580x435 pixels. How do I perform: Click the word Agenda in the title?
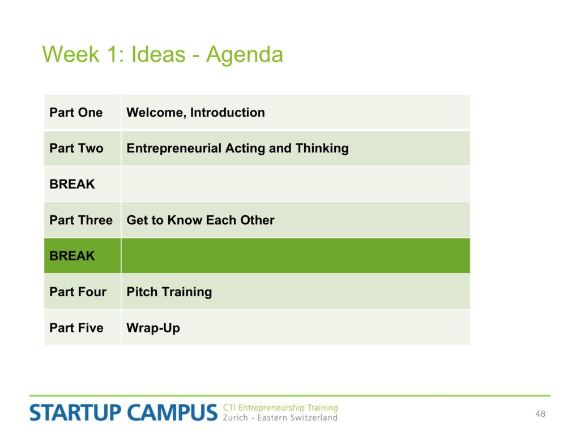(x=245, y=56)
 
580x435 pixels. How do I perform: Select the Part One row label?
(x=76, y=113)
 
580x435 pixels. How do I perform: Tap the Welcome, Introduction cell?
(x=195, y=113)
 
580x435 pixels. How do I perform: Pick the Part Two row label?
(x=76, y=148)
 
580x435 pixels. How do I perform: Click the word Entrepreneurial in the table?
(x=174, y=148)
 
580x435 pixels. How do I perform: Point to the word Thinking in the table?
(x=322, y=148)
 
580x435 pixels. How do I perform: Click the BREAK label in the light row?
(x=72, y=184)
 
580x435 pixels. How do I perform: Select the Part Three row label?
(x=81, y=220)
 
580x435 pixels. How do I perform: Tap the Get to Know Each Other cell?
(x=201, y=220)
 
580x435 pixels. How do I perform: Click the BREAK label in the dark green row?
(x=72, y=256)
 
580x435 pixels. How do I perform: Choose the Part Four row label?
(x=78, y=292)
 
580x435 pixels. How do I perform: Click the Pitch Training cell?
(x=169, y=292)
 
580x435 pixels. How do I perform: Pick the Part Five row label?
(x=76, y=328)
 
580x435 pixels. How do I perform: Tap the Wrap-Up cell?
(x=153, y=328)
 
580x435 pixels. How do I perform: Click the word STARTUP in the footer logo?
(x=75, y=413)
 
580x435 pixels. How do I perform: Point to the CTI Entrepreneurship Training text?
(x=280, y=408)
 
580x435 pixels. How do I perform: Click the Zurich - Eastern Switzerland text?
(x=280, y=417)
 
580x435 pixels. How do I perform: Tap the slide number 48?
(x=540, y=414)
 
